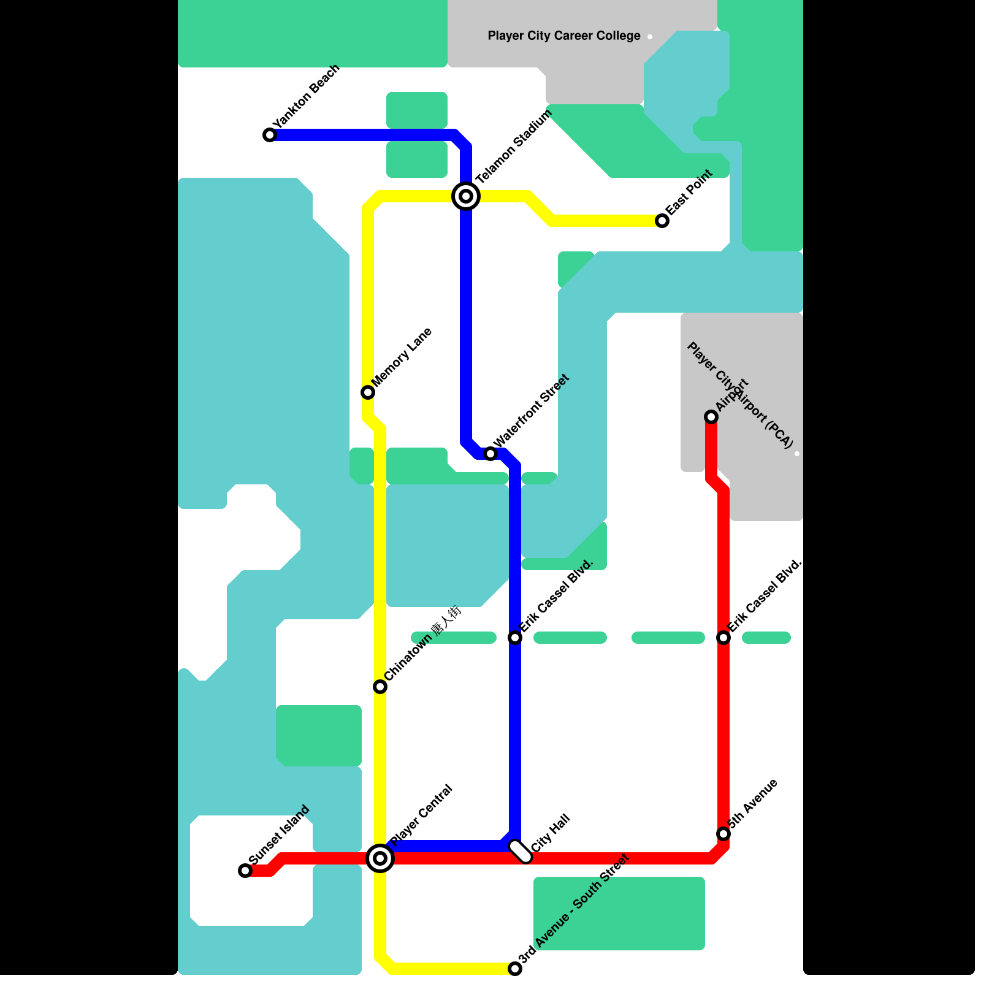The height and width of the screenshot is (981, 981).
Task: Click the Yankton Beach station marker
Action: coord(270,135)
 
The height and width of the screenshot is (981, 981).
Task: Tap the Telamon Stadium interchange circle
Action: coord(466,196)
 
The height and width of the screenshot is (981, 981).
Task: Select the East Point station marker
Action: coord(662,221)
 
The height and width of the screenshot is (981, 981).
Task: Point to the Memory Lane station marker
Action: coord(368,392)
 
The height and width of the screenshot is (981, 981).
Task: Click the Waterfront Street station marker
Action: coord(490,454)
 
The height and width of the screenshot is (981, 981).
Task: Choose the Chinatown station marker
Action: coord(380,687)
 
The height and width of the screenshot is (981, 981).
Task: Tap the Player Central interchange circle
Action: coord(380,858)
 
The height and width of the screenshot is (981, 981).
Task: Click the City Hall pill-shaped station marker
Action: coord(521,852)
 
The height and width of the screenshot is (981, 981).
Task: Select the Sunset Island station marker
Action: coord(245,871)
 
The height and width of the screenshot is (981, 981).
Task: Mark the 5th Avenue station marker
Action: coord(723,834)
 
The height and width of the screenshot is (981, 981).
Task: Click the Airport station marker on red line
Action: coord(711,417)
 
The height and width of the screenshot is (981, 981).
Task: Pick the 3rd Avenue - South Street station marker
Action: coord(515,969)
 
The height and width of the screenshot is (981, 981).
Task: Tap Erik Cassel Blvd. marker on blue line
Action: coord(515,638)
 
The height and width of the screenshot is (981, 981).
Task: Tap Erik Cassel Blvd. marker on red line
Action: coord(723,638)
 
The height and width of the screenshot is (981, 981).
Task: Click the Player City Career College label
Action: coord(564,36)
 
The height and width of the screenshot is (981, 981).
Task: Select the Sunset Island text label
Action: coord(280,835)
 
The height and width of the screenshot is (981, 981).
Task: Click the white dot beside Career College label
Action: coord(650,37)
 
